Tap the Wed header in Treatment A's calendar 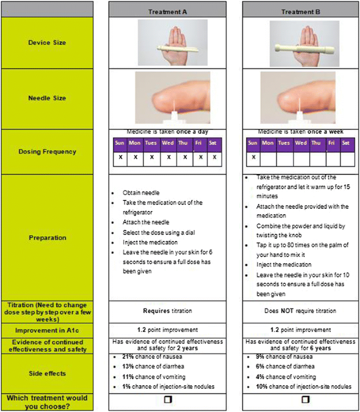click(169, 143)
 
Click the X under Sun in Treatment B click(253, 157)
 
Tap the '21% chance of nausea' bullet click(152, 357)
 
